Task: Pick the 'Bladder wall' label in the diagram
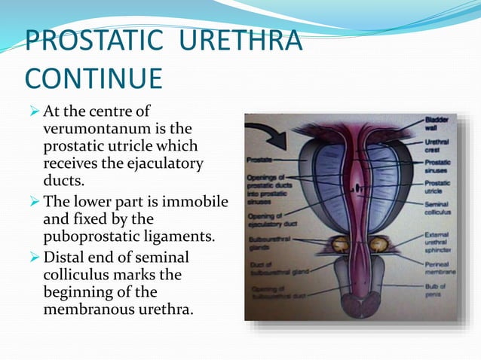(436, 124)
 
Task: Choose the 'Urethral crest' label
(436, 146)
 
